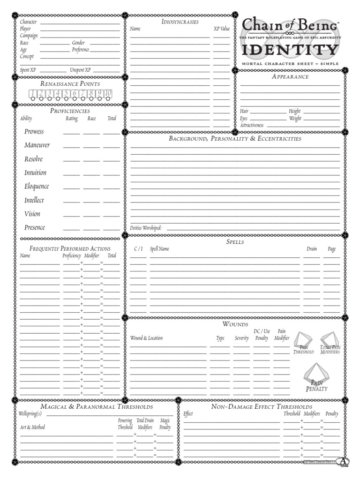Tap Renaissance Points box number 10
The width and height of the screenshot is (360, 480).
click(x=108, y=93)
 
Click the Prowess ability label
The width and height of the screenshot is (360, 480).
click(x=34, y=132)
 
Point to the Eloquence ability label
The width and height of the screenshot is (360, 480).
click(x=37, y=187)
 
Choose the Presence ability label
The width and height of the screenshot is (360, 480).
click(x=35, y=228)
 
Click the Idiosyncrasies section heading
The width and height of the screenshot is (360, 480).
click(x=180, y=22)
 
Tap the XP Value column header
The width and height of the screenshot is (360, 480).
click(x=222, y=29)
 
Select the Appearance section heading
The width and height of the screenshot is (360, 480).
click(x=290, y=77)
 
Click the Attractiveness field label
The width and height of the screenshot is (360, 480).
click(x=252, y=126)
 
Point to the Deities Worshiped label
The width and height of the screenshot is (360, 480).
click(x=146, y=228)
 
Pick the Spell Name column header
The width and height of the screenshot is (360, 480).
click(x=159, y=249)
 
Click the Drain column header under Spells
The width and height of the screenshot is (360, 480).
click(x=312, y=249)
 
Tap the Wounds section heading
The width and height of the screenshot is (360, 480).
click(x=235, y=324)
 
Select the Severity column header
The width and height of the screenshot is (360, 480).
click(x=242, y=338)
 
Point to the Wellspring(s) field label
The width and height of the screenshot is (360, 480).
click(x=30, y=414)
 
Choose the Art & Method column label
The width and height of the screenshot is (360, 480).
click(x=32, y=427)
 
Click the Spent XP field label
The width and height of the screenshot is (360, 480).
click(x=28, y=70)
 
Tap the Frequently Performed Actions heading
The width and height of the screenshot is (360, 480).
click(x=70, y=248)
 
